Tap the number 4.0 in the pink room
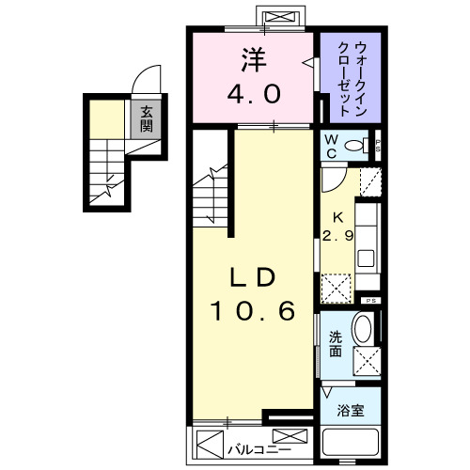pyautogui.click(x=252, y=94)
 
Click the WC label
pyautogui.click(x=331, y=146)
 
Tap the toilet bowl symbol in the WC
pyautogui.click(x=357, y=146)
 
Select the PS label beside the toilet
pyautogui.click(x=377, y=145)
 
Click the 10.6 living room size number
pyautogui.click(x=252, y=310)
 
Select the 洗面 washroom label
pyautogui.click(x=335, y=344)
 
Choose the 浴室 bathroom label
pyautogui.click(x=350, y=410)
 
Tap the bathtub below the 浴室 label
pyautogui.click(x=350, y=446)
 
